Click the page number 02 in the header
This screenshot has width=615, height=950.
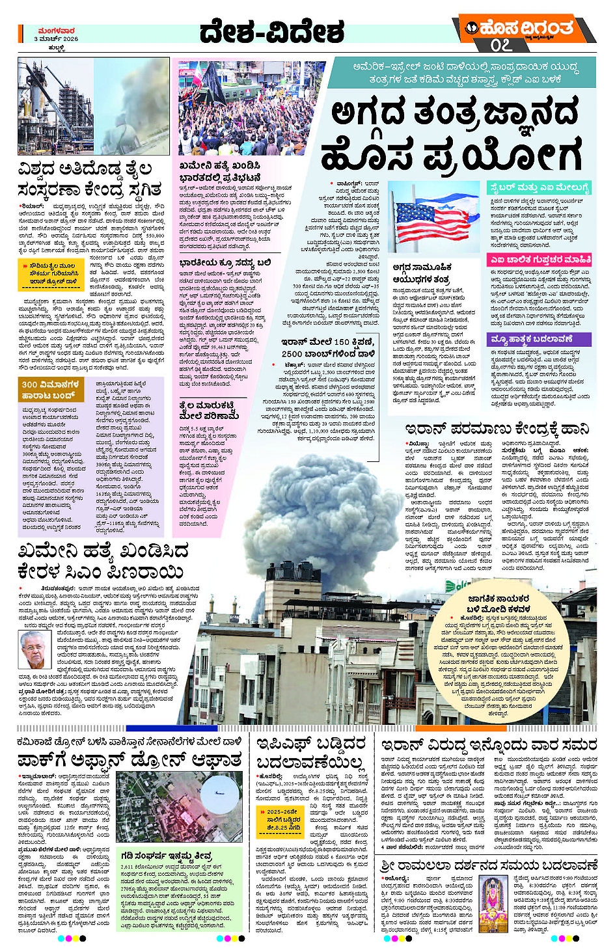tap(502, 45)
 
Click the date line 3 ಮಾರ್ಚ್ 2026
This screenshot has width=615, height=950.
tap(56, 39)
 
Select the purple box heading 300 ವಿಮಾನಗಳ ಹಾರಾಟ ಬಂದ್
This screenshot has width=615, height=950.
tap(50, 389)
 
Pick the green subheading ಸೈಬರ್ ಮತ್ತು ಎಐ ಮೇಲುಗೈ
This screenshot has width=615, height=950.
tap(540, 188)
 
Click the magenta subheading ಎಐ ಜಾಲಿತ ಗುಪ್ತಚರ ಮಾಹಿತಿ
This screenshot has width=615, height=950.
tap(540, 260)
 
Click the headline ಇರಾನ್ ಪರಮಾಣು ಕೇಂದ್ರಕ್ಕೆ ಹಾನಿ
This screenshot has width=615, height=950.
tap(497, 429)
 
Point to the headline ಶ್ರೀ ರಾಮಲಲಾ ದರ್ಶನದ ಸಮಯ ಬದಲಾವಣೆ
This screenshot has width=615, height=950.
tap(489, 865)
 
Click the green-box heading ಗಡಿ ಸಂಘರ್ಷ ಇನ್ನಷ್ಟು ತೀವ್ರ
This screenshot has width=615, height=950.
tap(167, 856)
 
